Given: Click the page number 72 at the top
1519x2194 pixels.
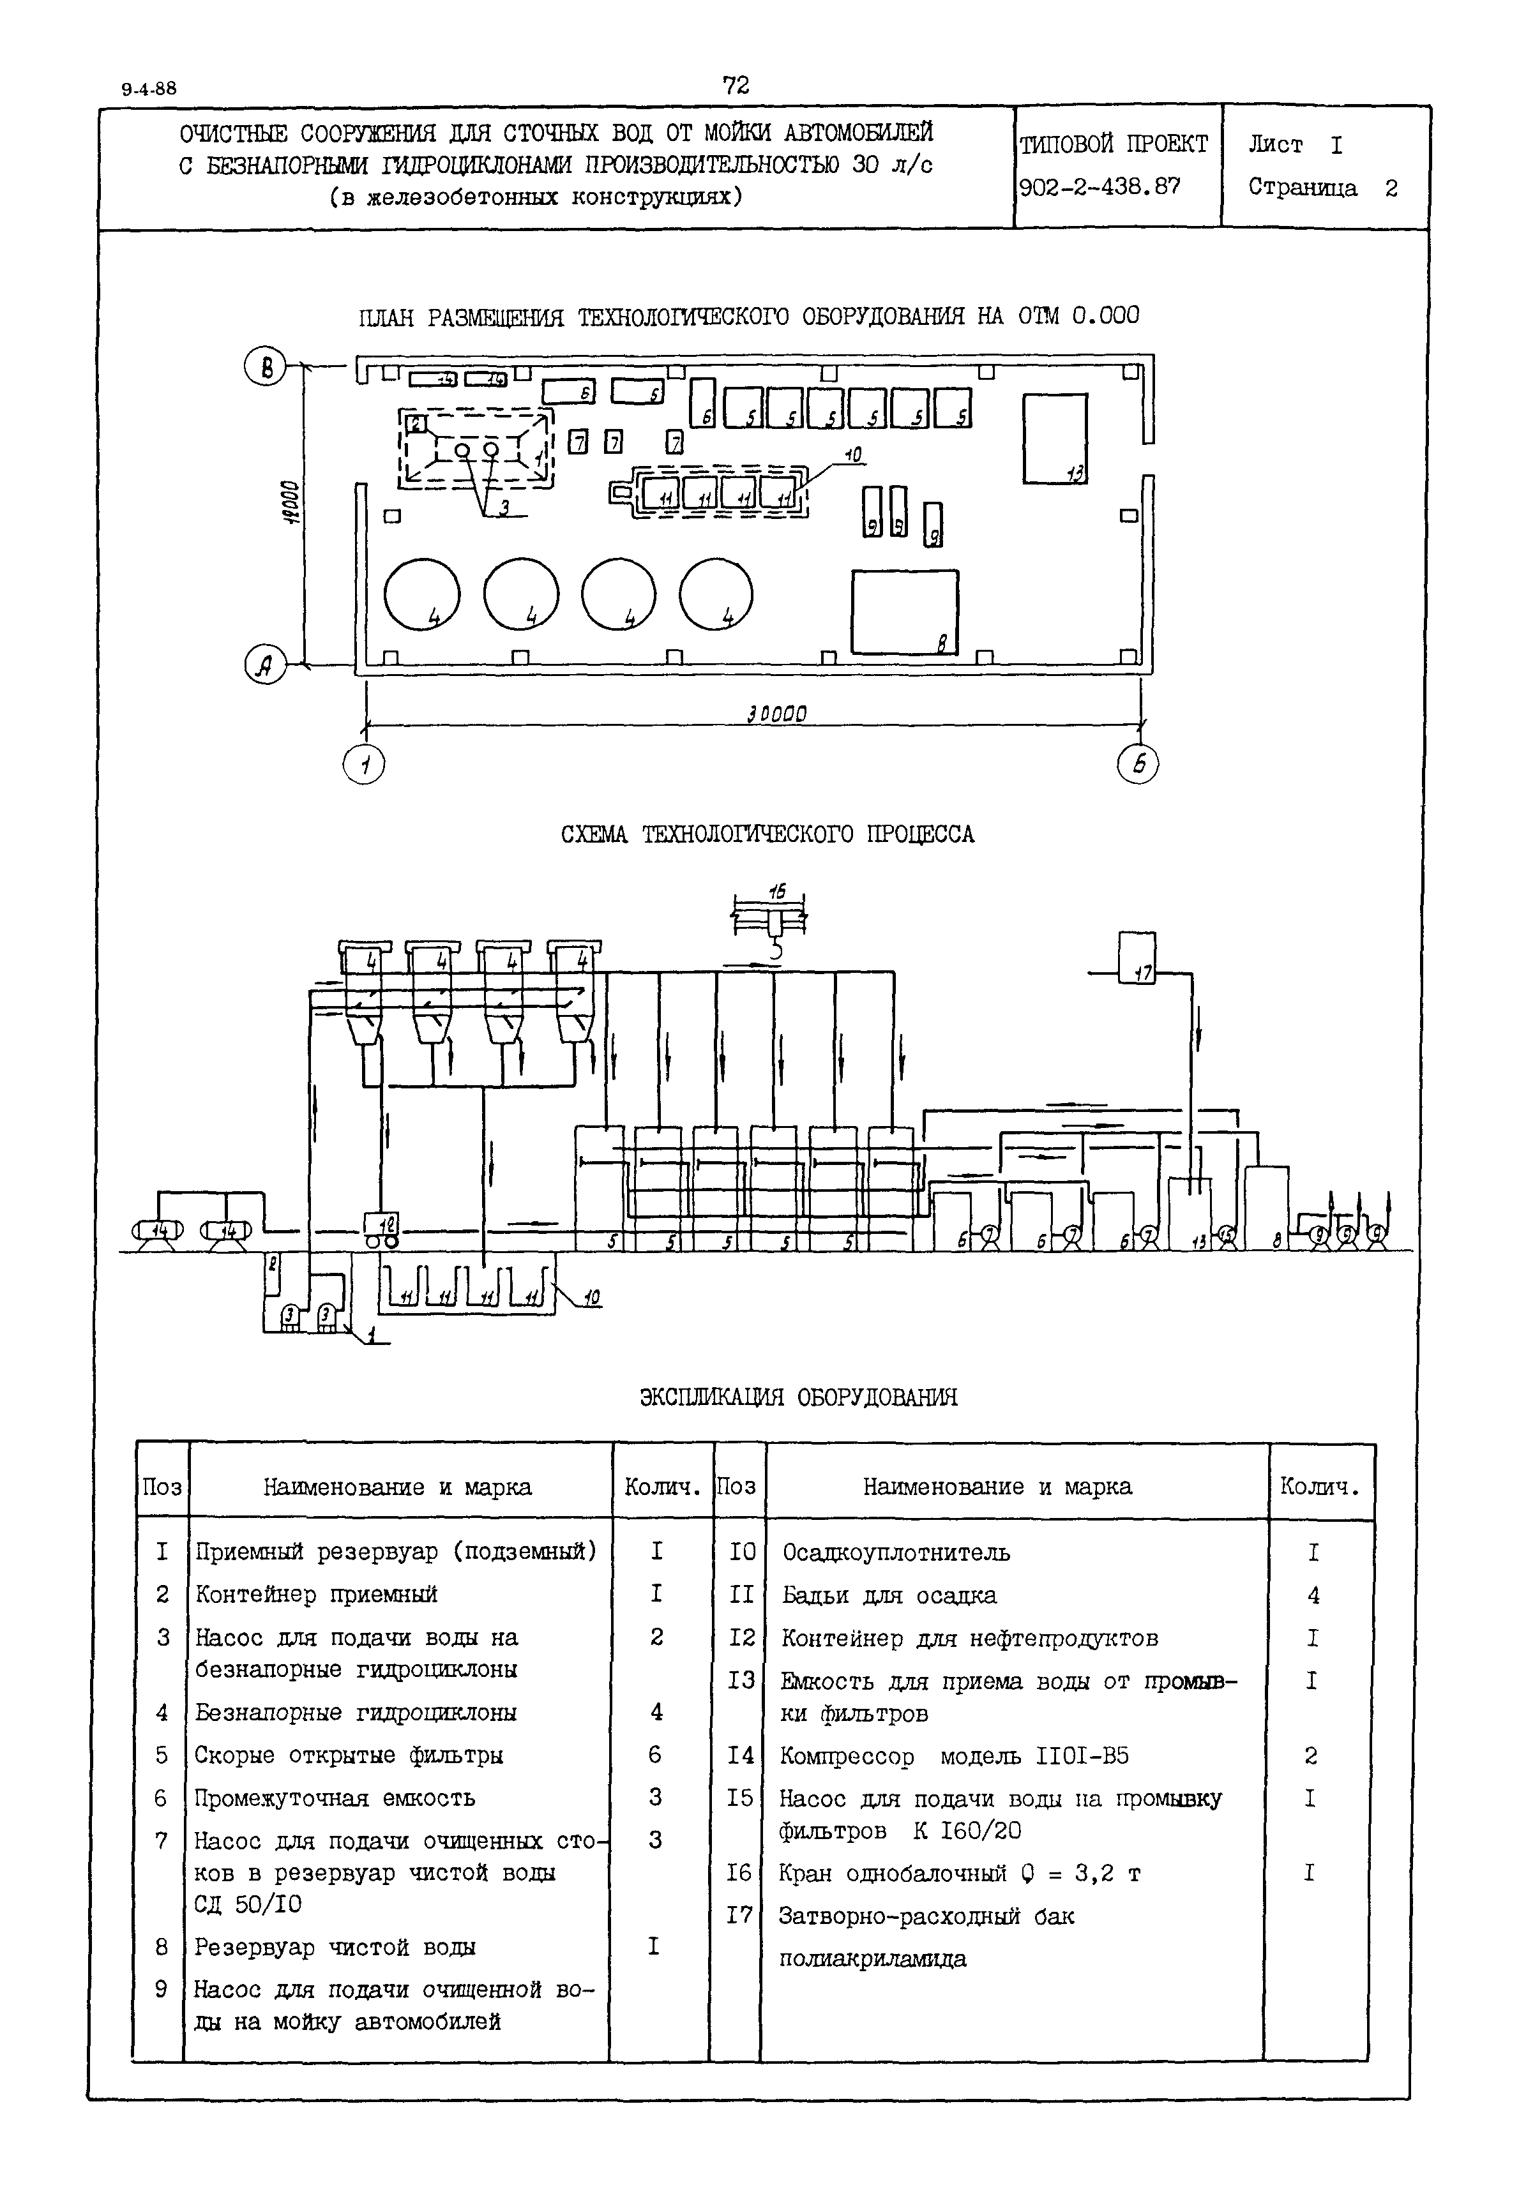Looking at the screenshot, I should (736, 86).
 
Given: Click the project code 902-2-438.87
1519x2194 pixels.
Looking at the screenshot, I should (1100, 188).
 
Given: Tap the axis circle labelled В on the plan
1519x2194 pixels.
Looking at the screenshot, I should (266, 367).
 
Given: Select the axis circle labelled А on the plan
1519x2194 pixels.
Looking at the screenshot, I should (266, 665).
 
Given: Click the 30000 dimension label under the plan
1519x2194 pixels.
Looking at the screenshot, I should (776, 714).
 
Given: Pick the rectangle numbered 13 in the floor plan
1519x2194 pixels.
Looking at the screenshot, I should (1055, 439).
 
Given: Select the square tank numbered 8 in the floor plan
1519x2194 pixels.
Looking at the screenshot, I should (904, 612).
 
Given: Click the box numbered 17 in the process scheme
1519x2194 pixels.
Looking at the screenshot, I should (1137, 958).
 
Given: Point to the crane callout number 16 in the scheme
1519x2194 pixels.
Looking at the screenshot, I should (778, 892).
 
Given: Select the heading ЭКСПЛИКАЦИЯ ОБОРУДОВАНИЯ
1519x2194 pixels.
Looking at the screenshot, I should (797, 1397).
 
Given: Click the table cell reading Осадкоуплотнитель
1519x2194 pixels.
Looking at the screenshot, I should (896, 1552).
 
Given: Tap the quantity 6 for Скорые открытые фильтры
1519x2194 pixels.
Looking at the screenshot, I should (655, 1754).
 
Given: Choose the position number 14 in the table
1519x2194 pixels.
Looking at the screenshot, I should (741, 1755).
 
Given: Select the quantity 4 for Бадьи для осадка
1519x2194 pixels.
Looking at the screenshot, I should (1313, 1596).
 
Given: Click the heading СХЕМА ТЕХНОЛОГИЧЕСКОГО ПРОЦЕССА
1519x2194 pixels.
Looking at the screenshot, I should (767, 834).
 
